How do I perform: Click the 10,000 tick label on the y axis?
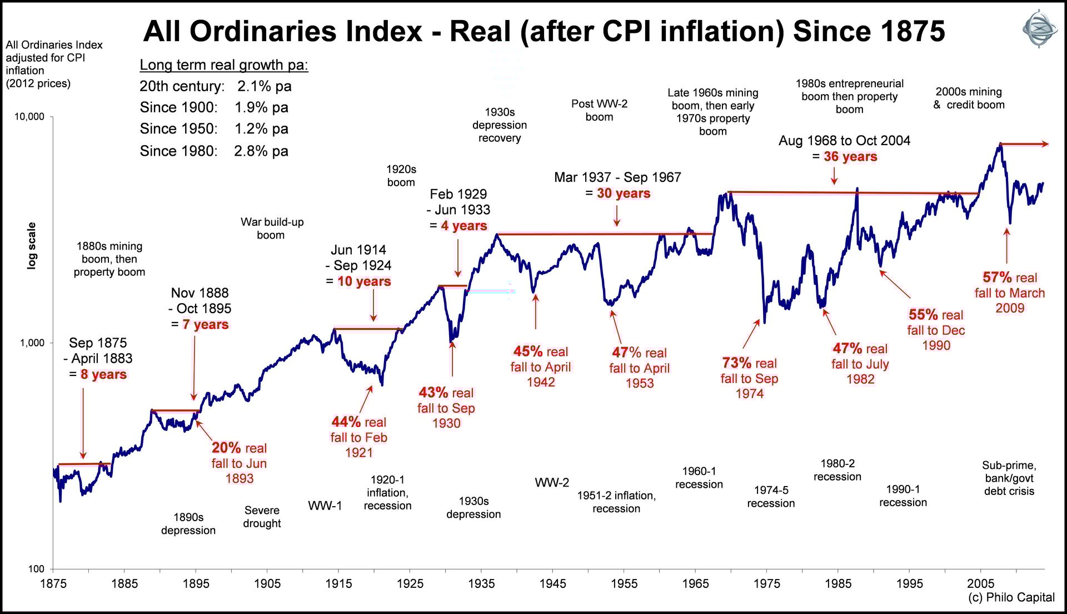pyautogui.click(x=29, y=117)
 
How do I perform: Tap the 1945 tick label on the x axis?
pyautogui.click(x=552, y=583)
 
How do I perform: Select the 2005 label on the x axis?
pyautogui.click(x=980, y=583)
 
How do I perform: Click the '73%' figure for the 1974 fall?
pyautogui.click(x=736, y=363)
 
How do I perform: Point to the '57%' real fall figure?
pyautogui.click(x=997, y=278)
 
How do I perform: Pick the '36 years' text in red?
pyautogui.click(x=850, y=157)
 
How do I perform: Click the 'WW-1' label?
pyautogui.click(x=325, y=506)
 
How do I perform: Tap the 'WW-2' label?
pyautogui.click(x=552, y=483)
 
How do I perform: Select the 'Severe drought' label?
pyautogui.click(x=262, y=517)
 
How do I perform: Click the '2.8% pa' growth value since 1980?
pyautogui.click(x=261, y=151)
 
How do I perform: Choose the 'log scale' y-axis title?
pyautogui.click(x=32, y=246)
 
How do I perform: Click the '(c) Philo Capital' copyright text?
pyautogui.click(x=1011, y=597)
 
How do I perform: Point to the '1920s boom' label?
pyautogui.click(x=401, y=176)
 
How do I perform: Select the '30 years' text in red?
pyautogui.click(x=624, y=194)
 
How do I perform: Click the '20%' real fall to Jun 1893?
pyautogui.click(x=226, y=448)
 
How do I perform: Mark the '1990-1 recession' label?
pyautogui.click(x=903, y=496)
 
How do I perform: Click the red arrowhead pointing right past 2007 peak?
pyautogui.click(x=1045, y=144)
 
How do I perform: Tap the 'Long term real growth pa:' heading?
pyautogui.click(x=223, y=65)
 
